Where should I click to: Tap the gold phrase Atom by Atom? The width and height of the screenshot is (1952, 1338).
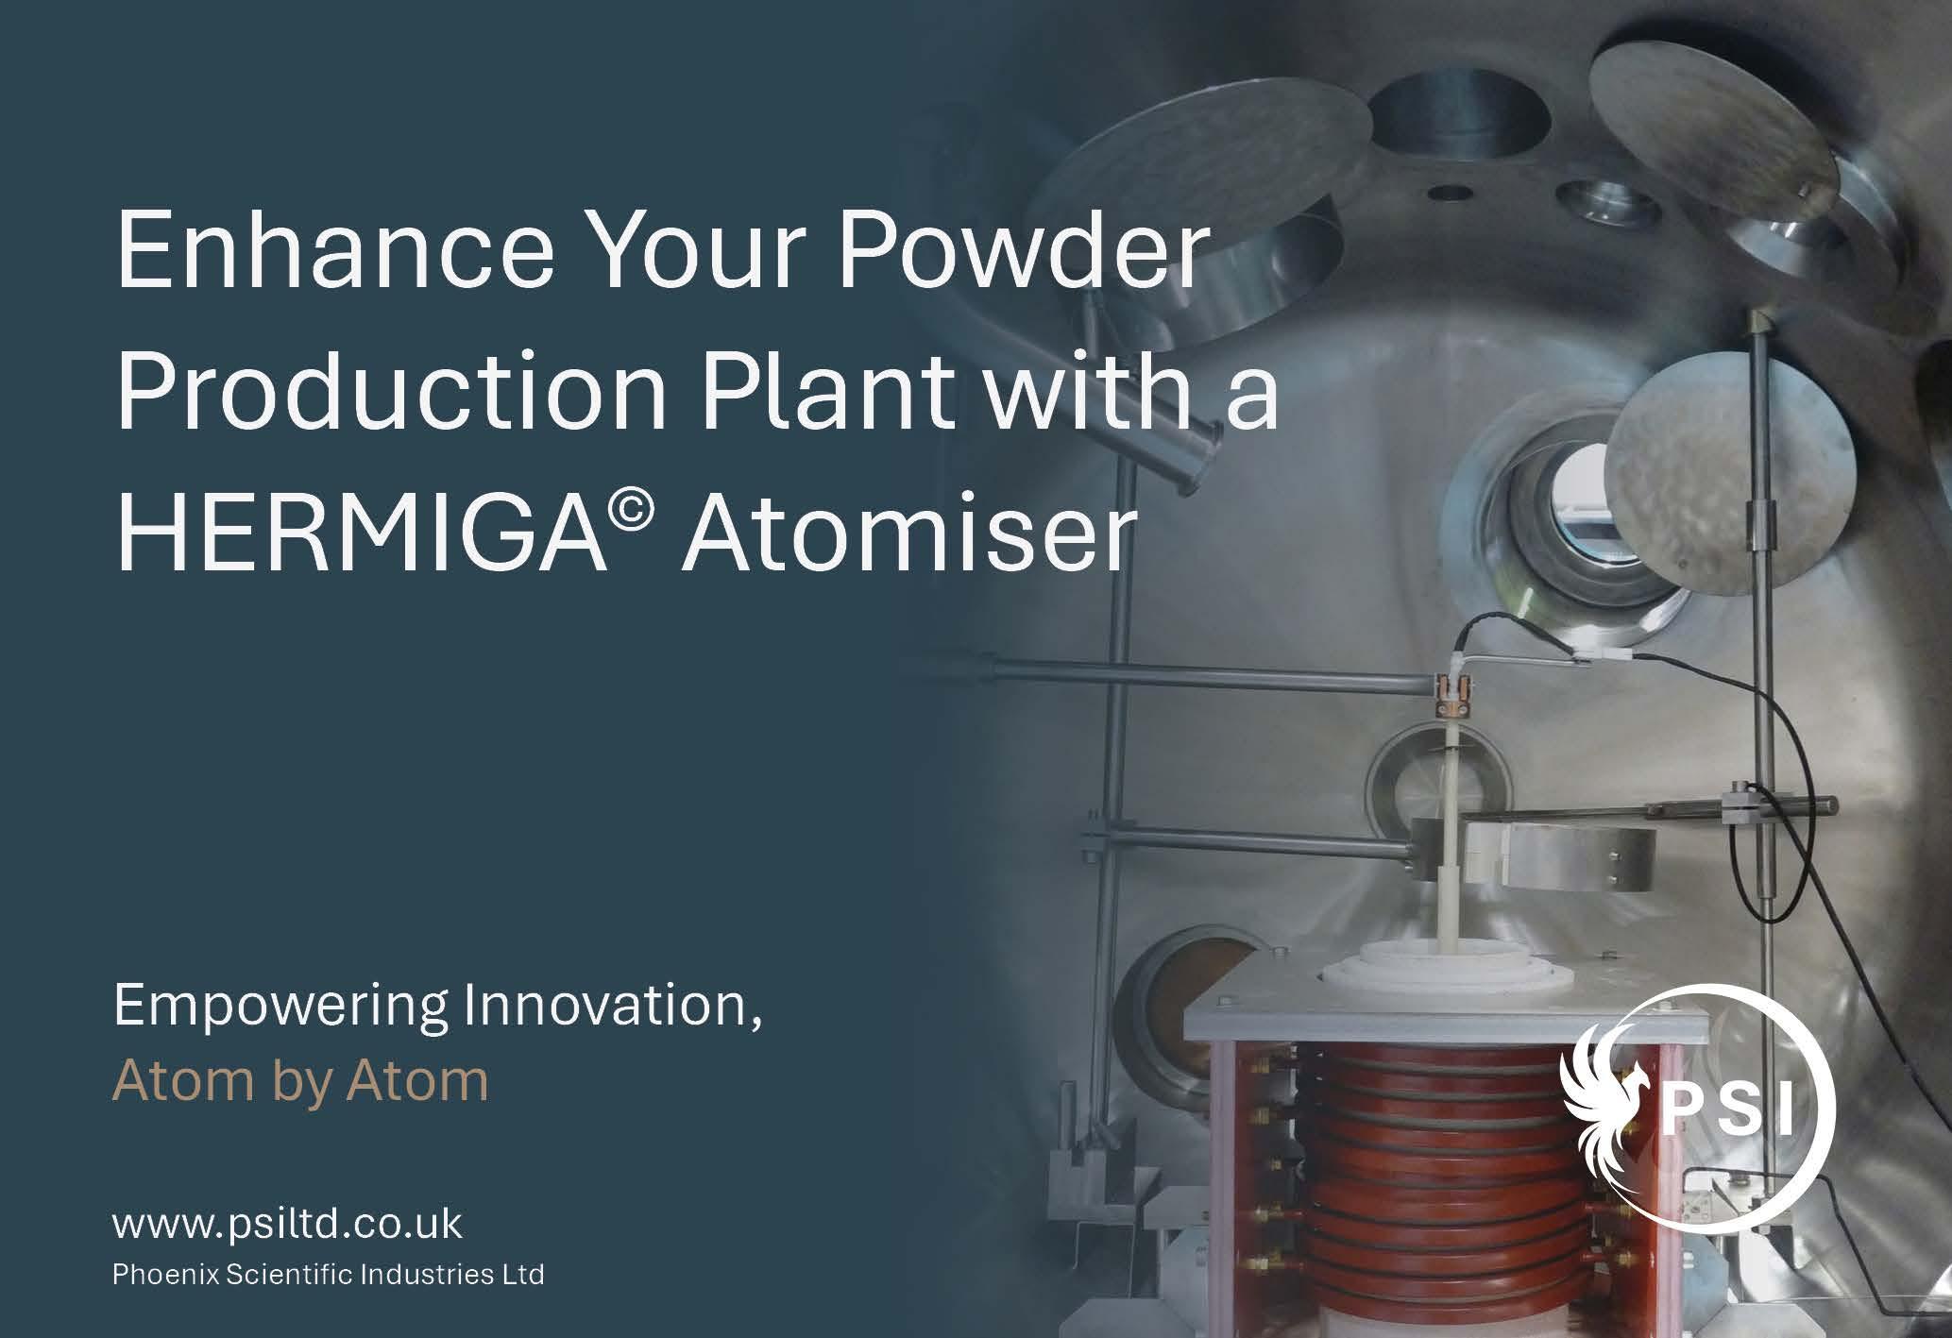pyautogui.click(x=300, y=1080)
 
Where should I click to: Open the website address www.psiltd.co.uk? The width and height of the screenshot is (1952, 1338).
pyautogui.click(x=287, y=1225)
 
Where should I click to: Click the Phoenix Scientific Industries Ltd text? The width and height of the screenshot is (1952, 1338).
pyautogui.click(x=329, y=1275)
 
